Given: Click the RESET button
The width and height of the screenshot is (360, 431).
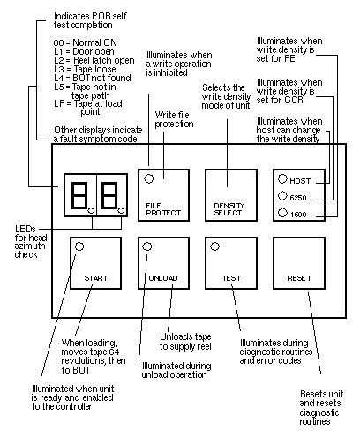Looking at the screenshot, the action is tap(299, 263).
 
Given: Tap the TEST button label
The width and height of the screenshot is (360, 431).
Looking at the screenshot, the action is tap(231, 278).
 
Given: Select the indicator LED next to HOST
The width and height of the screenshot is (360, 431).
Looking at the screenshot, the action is tap(282, 178).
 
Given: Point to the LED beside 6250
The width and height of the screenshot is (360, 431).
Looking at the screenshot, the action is tap(282, 196).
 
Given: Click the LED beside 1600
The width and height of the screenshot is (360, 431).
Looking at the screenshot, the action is tap(282, 213).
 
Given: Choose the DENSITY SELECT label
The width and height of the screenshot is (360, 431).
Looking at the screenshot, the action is tap(229, 209).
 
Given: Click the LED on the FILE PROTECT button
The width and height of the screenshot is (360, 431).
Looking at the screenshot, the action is tap(149, 178).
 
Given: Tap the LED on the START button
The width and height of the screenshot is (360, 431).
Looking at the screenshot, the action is tap(79, 246).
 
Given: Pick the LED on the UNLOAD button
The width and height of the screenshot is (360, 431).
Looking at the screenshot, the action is tap(147, 246).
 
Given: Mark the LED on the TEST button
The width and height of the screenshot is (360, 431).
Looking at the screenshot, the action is tap(214, 246).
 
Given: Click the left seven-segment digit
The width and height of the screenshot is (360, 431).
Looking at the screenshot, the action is tap(79, 195).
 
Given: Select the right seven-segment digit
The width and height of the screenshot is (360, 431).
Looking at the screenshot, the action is tap(109, 195).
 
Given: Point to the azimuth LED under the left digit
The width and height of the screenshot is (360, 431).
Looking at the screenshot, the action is tap(91, 211).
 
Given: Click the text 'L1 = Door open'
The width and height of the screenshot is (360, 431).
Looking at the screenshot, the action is tap(84, 52).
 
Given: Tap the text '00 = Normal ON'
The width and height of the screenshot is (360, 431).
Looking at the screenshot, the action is tap(86, 42).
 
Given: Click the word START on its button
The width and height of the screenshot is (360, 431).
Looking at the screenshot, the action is tap(95, 278).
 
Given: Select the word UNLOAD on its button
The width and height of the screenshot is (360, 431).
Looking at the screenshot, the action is tap(163, 278).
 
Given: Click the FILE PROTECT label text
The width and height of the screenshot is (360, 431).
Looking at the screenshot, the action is tap(163, 209).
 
